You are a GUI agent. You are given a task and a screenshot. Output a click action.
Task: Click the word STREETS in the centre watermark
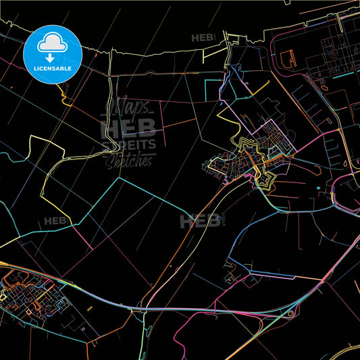[x=128, y=144]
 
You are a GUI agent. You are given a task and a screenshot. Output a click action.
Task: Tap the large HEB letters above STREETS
[x=128, y=127]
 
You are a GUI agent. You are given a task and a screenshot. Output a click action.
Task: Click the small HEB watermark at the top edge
[x=203, y=38]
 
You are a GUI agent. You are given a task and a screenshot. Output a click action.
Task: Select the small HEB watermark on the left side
[x=57, y=221]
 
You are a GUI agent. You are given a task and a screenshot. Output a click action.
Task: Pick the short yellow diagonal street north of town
[x=262, y=84]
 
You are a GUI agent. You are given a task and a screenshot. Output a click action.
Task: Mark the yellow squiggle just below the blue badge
[x=66, y=97]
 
